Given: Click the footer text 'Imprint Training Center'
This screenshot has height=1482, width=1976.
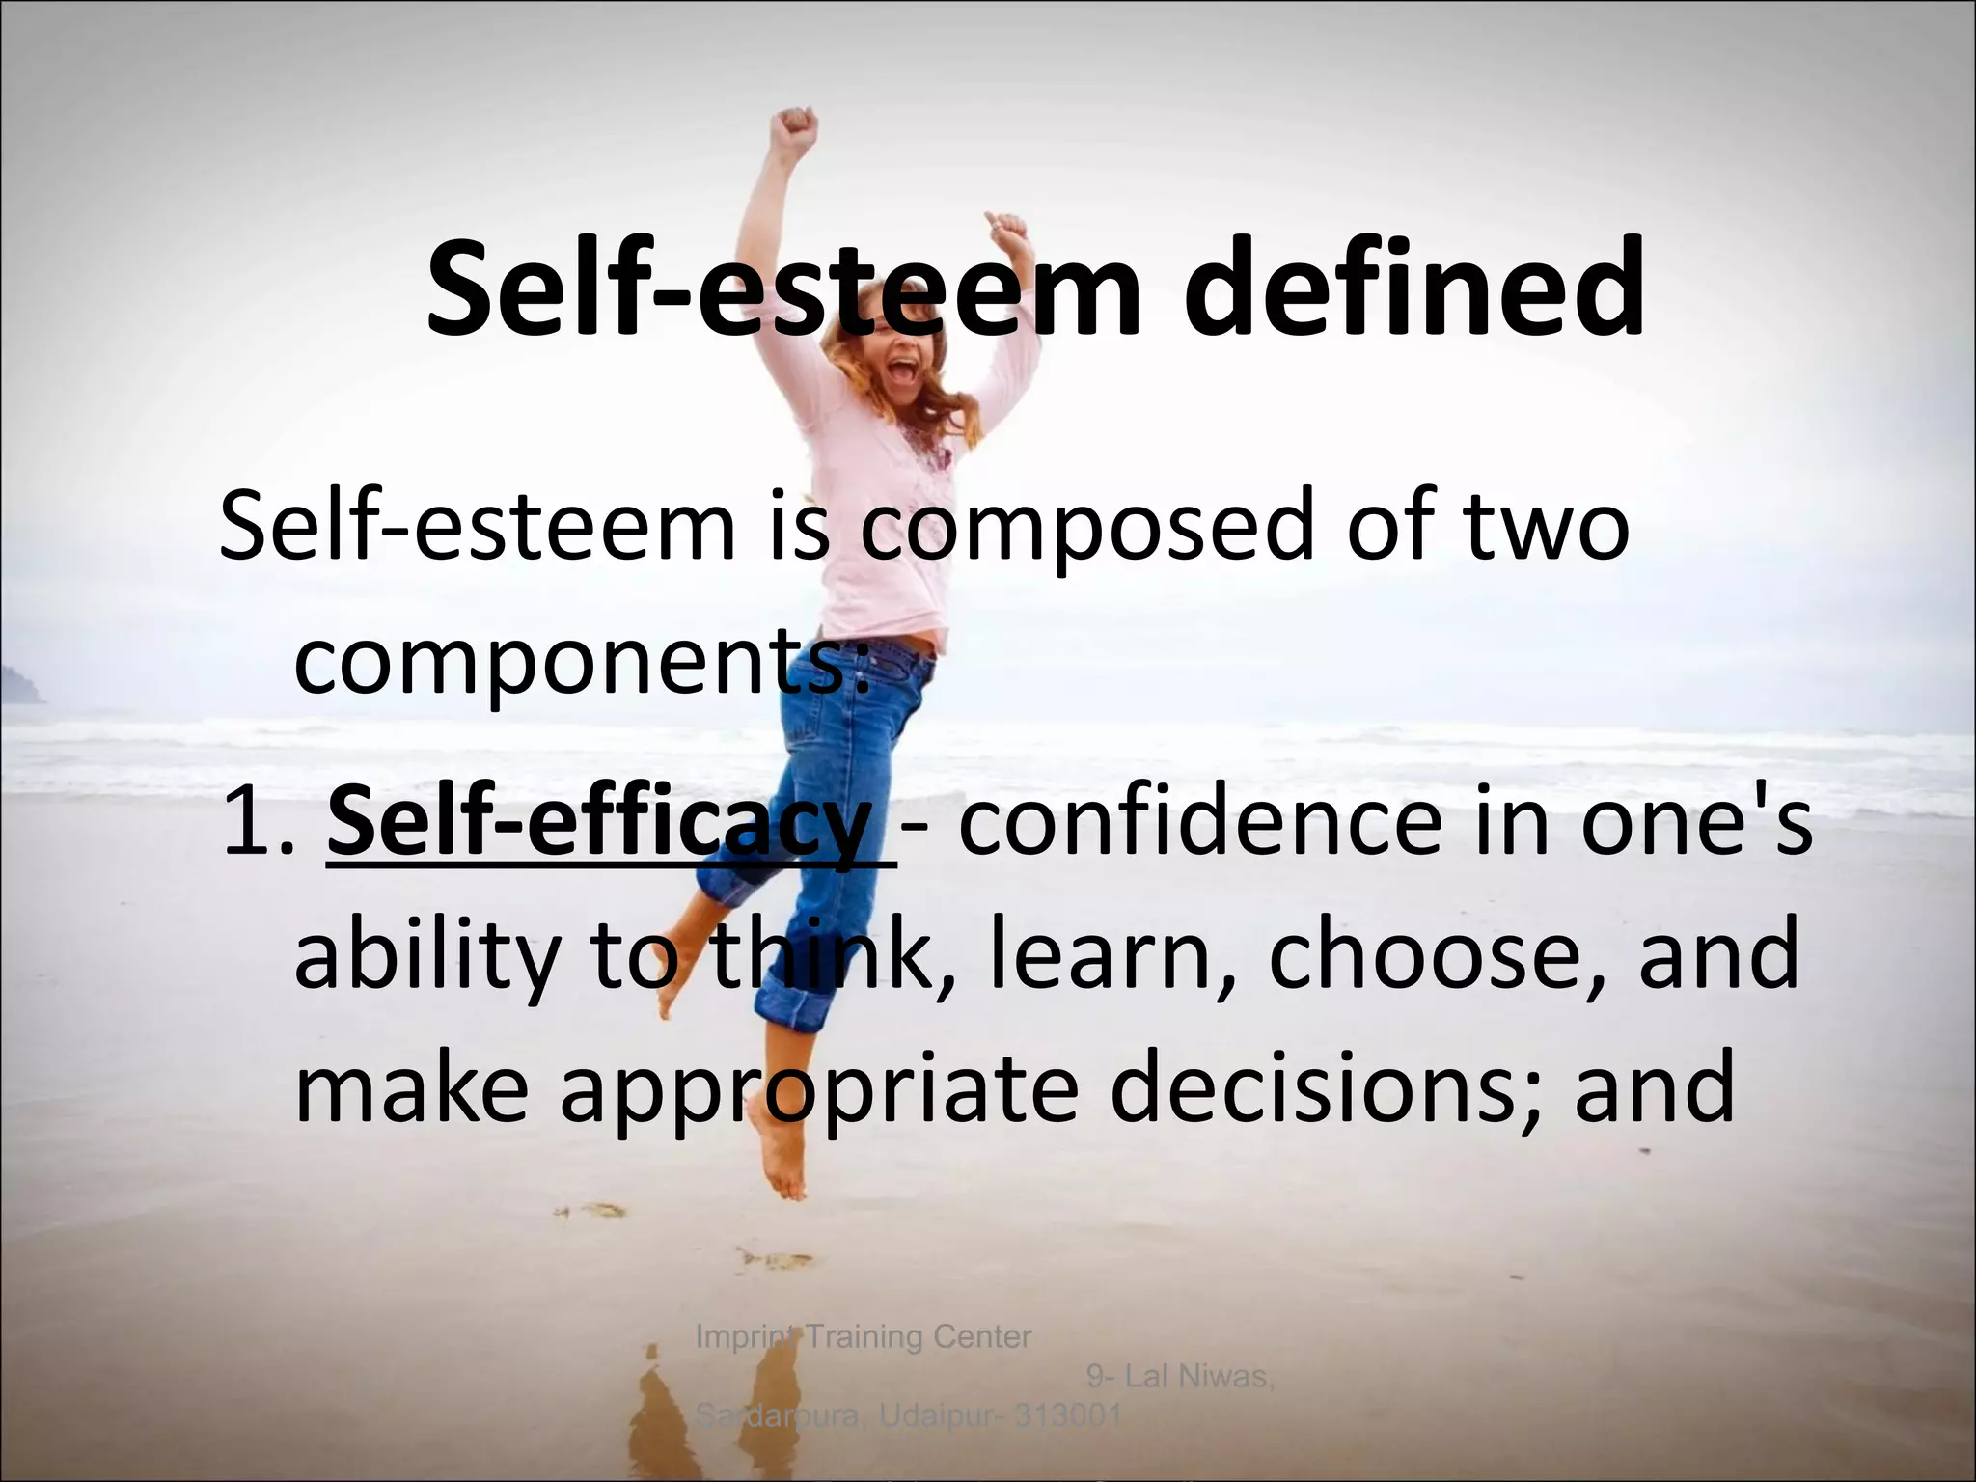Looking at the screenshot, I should (864, 1337).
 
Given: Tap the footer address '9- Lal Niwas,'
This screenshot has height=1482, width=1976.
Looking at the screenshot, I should (1180, 1376).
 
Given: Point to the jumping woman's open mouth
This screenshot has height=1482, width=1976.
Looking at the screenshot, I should (904, 370).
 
